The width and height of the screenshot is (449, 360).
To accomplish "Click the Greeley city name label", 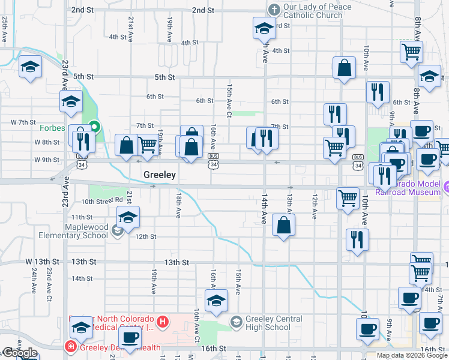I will tap(160, 175).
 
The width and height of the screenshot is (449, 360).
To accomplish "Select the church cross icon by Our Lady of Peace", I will tap(274, 10).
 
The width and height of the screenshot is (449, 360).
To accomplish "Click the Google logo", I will tap(20, 353).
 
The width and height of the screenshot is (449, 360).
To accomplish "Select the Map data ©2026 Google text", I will tap(412, 355).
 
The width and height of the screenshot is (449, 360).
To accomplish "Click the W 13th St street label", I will tap(43, 262).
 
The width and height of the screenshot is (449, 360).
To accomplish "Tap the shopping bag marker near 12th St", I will tap(283, 226).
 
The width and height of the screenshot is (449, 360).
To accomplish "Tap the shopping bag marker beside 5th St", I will tap(345, 69).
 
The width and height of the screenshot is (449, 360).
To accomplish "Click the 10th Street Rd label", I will tap(105, 200).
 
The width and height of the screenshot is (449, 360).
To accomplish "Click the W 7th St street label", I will tap(23, 122).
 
